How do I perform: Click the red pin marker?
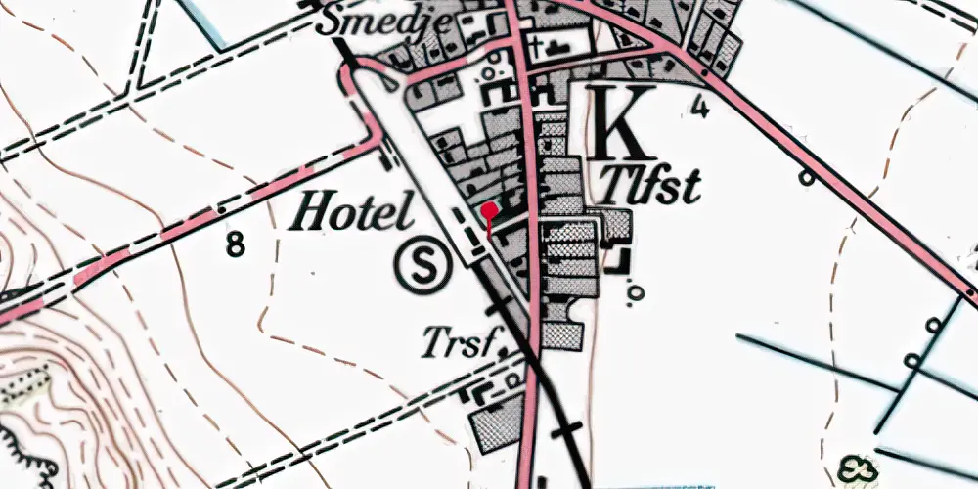pos(489,208)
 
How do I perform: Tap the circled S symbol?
pos(425,265)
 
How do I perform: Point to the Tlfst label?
pos(651,184)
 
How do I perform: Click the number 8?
pos(235,244)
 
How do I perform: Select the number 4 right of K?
pos(699,105)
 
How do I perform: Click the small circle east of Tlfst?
pos(806,178)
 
